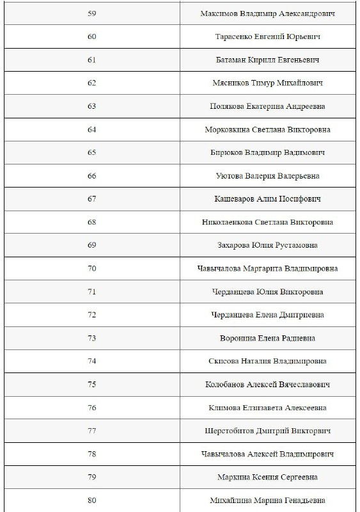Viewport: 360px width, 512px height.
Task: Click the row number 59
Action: click(92, 13)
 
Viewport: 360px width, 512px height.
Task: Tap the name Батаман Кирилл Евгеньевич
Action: click(267, 60)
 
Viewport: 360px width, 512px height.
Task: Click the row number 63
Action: click(92, 106)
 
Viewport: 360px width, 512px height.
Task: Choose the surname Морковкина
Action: click(228, 129)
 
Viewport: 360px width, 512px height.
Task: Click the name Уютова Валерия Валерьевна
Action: click(267, 176)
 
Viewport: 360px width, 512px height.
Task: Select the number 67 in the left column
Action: click(92, 199)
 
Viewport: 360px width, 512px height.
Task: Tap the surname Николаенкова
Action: click(228, 222)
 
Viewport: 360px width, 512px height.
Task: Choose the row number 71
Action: click(92, 292)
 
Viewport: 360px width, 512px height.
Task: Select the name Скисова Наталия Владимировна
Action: click(267, 361)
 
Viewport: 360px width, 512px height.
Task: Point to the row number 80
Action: click(92, 500)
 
